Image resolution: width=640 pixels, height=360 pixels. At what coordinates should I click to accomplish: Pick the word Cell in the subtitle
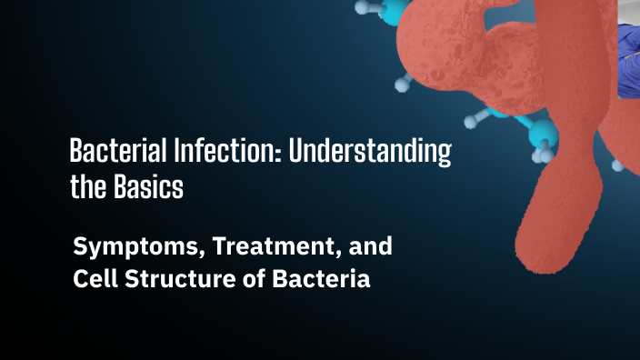point(93,279)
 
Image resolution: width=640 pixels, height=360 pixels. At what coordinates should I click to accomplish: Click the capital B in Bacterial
point(77,152)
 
